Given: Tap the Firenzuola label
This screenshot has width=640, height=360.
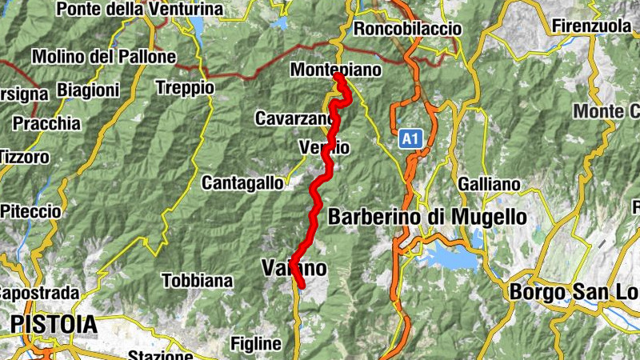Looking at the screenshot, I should [x=591, y=26].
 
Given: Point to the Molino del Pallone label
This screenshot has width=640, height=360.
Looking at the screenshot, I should [x=103, y=57].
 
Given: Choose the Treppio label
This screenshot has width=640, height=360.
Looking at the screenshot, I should [x=186, y=87].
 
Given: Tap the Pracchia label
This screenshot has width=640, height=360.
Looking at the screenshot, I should [x=46, y=124].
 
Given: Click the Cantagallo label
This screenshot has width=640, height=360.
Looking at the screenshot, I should [x=242, y=182].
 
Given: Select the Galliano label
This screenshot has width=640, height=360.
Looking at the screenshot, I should [x=490, y=184].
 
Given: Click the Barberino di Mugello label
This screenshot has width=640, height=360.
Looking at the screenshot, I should [x=427, y=217].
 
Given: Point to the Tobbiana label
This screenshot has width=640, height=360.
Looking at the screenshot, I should [x=197, y=281].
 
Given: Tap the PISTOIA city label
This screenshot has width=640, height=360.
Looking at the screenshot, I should [x=54, y=325].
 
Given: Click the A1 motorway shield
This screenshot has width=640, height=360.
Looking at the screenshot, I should [x=410, y=140].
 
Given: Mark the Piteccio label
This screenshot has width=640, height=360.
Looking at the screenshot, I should [x=30, y=211].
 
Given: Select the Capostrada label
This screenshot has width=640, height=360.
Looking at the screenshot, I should [x=38, y=293].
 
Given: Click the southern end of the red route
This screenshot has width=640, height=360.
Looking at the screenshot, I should [x=301, y=282].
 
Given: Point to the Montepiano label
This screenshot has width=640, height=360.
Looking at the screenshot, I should [x=336, y=70].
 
